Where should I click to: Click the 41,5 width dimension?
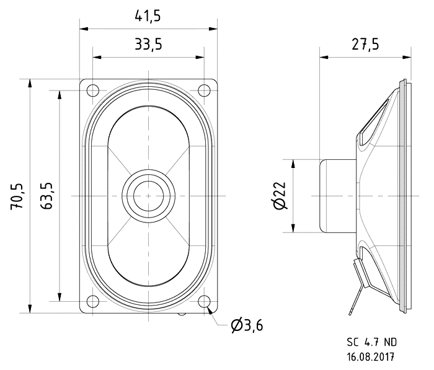tap(148, 16)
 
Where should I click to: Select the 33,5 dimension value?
tap(148, 44)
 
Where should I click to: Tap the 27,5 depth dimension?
tap(365, 44)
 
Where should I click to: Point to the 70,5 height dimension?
tap(17, 196)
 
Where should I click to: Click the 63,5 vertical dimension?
tap(46, 196)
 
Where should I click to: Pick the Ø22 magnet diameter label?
tap(280, 195)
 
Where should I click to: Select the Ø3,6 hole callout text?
tap(247, 325)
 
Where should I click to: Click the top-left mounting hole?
tap(93, 90)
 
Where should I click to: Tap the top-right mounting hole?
tap(204, 90)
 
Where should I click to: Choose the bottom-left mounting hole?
tap(93, 301)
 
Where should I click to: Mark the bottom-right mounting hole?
tap(204, 301)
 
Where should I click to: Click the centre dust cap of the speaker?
tap(149, 196)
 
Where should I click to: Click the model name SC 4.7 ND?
tap(372, 342)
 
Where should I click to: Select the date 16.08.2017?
tap(371, 357)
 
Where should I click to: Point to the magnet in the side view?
tap(338, 196)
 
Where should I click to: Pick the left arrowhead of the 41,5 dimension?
tap(84, 29)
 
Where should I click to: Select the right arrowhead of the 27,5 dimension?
tap(407, 57)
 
